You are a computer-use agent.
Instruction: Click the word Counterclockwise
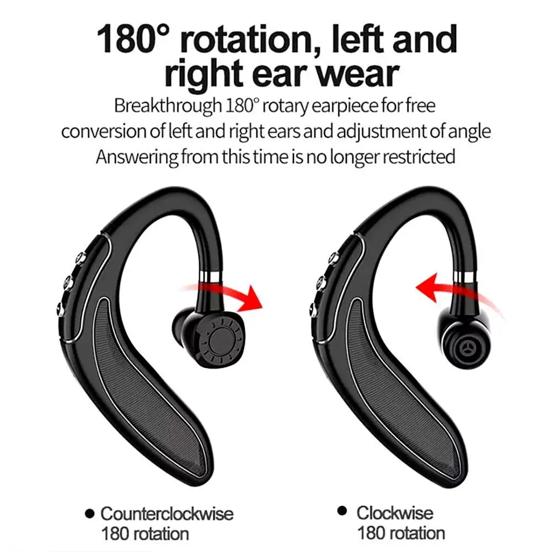coord(167,515)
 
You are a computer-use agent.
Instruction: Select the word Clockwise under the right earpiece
coord(394,513)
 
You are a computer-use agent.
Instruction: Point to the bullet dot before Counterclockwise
coord(90,515)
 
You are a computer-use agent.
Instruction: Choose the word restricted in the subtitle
coord(419,157)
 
